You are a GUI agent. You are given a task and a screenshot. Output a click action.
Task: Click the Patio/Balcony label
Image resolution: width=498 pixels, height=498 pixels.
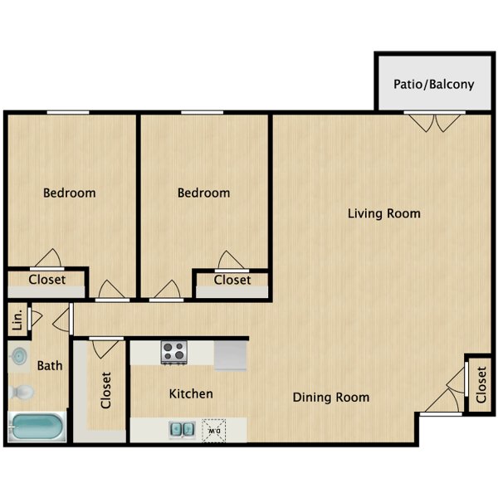[433, 84]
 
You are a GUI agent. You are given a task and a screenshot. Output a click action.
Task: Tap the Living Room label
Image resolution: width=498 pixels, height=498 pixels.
[384, 213]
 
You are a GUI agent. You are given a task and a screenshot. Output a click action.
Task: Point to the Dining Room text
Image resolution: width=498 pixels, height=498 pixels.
[331, 398]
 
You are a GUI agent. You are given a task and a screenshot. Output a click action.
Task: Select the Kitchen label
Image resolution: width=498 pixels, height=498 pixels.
[191, 393]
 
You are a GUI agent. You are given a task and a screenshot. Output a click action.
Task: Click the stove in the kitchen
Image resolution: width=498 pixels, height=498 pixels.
[173, 352]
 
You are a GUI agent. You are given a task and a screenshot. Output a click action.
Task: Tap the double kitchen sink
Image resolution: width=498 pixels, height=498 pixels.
[182, 430]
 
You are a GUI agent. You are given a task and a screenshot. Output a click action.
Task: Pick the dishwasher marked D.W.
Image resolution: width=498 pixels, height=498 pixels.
[214, 431]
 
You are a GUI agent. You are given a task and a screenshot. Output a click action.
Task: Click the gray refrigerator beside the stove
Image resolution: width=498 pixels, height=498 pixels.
[230, 355]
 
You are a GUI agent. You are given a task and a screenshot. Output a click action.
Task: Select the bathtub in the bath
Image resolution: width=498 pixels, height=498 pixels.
[37, 427]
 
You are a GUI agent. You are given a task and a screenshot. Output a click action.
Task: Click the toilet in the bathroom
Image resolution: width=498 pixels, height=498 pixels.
[21, 393]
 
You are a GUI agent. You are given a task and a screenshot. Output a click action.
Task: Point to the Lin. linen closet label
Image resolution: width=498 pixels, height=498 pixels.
[17, 320]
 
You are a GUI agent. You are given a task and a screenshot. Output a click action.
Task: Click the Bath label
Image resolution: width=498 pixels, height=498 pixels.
[50, 365]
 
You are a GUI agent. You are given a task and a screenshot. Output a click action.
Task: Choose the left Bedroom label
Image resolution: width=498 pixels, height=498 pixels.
[69, 193]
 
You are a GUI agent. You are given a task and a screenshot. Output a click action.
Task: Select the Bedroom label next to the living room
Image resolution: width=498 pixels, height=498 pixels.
[203, 193]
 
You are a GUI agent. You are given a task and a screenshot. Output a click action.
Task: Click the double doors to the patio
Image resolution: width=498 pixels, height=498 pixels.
[434, 122]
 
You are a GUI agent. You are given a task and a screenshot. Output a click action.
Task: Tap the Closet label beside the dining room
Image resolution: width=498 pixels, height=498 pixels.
[481, 385]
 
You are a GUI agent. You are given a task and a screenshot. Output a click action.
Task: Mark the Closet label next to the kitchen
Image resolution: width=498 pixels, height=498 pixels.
[105, 390]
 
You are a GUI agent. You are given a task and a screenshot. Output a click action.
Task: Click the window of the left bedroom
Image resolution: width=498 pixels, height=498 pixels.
[68, 112]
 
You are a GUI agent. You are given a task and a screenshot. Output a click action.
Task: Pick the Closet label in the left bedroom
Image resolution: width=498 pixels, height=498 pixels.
[47, 280]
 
